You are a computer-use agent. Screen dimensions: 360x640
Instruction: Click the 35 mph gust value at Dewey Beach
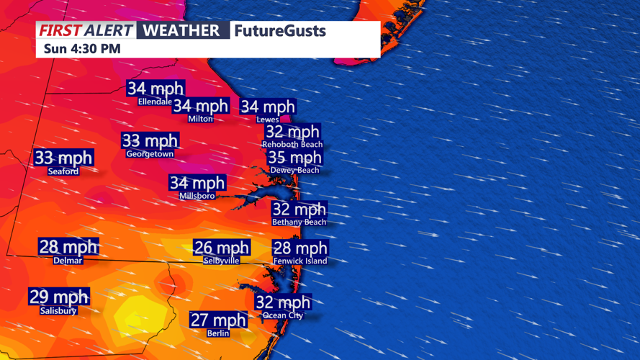[x=294, y=158]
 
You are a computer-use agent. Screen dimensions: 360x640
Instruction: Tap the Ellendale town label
[x=155, y=102]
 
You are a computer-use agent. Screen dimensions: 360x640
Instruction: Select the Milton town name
[x=200, y=119]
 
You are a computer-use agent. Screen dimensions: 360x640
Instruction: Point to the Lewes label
[x=268, y=120]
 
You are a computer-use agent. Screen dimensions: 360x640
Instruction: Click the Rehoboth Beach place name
[x=292, y=144]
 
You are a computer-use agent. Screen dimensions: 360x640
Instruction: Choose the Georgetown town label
[x=150, y=154]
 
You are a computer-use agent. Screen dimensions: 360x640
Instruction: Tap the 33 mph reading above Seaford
[x=63, y=158]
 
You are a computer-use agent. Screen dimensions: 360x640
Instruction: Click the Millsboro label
[x=197, y=196]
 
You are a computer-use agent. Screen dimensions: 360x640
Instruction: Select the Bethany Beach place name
[x=299, y=222]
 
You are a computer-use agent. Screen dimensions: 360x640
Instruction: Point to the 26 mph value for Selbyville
[x=221, y=248]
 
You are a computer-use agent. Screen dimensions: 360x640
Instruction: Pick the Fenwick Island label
[x=300, y=261]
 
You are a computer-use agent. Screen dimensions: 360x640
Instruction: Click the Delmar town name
[x=68, y=261]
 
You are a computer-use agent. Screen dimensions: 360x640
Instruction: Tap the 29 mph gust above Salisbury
[x=59, y=297]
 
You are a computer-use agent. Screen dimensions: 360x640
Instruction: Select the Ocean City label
[x=283, y=315]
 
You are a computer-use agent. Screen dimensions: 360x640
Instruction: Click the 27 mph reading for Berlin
[x=218, y=320]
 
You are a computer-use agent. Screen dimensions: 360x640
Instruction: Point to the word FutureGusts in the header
[x=280, y=31]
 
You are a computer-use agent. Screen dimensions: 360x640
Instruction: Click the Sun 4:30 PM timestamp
[x=81, y=49]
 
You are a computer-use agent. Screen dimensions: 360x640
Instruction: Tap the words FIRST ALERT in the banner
[x=86, y=30]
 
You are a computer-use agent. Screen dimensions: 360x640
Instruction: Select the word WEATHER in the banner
[x=181, y=30]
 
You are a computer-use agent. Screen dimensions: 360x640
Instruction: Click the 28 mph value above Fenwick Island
[x=299, y=248]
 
